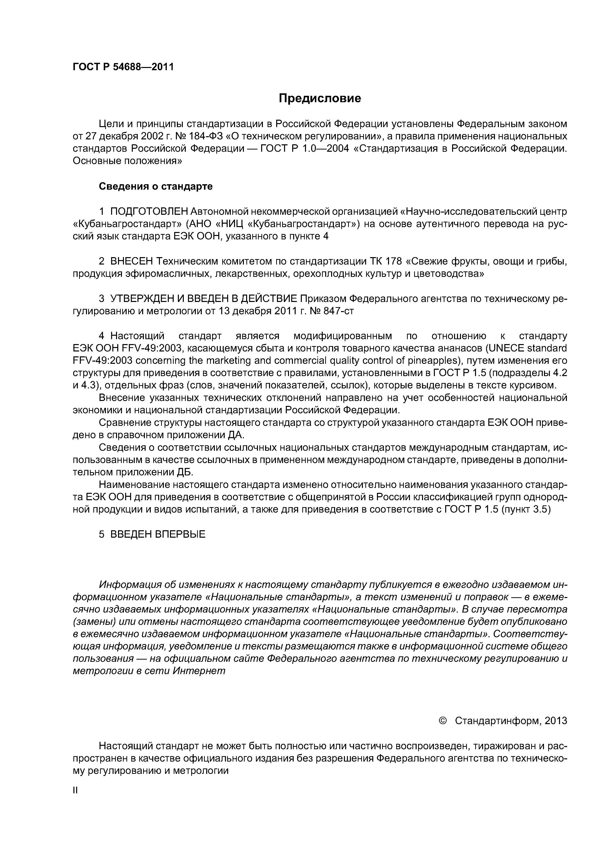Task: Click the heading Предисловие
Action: (x=320, y=99)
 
